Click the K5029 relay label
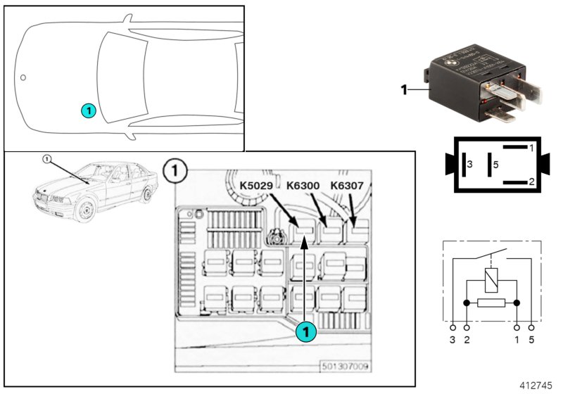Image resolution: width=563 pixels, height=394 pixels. [x=258, y=186]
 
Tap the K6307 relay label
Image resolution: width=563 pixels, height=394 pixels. [x=348, y=186]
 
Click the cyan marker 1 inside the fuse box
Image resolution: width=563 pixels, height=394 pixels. [x=305, y=331]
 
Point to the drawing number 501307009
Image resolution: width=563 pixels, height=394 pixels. [x=346, y=367]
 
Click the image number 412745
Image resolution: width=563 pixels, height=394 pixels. [x=537, y=386]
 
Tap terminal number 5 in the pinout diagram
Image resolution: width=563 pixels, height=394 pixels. [x=495, y=165]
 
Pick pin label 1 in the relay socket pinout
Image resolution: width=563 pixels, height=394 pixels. [x=531, y=148]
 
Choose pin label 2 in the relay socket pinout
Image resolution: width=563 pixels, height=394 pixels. [x=531, y=182]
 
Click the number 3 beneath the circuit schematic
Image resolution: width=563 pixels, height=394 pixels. [x=453, y=341]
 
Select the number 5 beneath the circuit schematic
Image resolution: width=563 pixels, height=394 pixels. [x=531, y=341]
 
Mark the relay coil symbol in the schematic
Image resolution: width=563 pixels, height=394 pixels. [x=491, y=279]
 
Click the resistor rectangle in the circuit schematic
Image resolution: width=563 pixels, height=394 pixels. [x=491, y=303]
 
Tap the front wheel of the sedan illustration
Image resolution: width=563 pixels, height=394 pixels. [x=85, y=210]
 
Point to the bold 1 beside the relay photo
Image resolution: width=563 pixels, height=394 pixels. [x=404, y=90]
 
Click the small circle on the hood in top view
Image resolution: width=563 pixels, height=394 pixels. [x=23, y=77]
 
